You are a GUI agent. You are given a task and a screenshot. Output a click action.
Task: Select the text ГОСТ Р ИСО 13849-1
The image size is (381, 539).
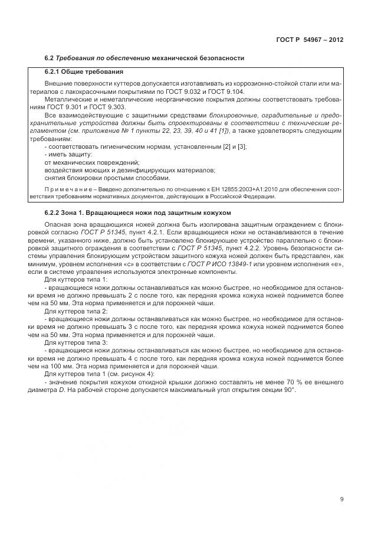[242, 265]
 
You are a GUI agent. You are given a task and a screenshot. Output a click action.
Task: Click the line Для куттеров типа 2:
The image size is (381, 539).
[76, 311]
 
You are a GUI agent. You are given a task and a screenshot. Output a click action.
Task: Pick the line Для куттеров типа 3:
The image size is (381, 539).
[76, 342]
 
